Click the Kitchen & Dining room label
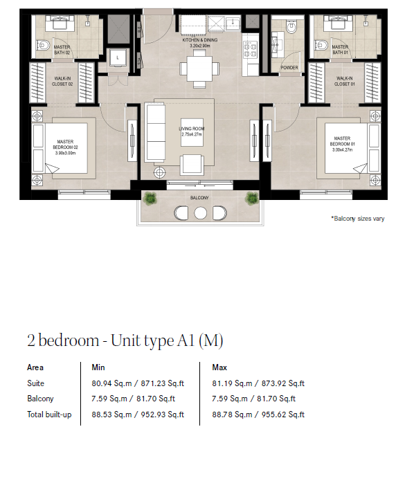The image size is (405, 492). coord(200,43)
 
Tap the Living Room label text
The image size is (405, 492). coord(192,131)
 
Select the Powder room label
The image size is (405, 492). coord(289,67)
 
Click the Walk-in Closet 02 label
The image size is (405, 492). coord(62,81)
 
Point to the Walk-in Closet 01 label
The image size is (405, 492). coord(344,81)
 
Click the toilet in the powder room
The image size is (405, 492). coord(291,27)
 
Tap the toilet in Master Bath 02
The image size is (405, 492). coord(43,46)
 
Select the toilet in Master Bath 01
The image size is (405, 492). coord(321,45)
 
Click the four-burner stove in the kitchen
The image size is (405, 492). coord(251,50)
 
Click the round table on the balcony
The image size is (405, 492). coord(200,213)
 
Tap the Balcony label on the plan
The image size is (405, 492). coord(199,198)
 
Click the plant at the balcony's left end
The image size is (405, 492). coord(150,199)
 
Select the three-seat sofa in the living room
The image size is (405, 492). coord(155,133)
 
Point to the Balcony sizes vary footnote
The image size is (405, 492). coord(358,219)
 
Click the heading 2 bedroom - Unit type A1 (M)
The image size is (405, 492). coord(125,340)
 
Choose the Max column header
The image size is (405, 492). coord(219,367)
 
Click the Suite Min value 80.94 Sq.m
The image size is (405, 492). coord(111,383)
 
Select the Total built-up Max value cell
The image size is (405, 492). coord(258,414)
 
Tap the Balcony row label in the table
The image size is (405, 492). coord(40,399)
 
